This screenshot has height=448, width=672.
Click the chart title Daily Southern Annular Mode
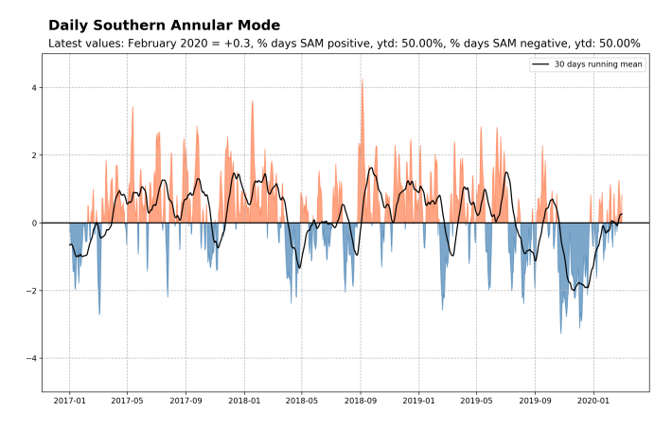164,25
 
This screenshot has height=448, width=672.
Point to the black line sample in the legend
540,64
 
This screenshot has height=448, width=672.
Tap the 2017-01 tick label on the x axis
69,401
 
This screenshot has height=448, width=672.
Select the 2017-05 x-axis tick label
127,401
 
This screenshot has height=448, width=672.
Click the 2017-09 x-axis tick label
186,401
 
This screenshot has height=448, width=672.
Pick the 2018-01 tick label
244,401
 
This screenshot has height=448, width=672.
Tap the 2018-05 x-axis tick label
302,401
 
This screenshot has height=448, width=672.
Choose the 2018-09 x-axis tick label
361,401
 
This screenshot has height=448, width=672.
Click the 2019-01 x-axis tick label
419,401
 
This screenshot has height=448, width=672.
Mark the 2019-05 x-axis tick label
477,401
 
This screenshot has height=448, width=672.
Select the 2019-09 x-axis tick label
536,401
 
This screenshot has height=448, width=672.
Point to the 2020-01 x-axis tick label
593,401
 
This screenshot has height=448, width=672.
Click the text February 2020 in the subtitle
163,44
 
